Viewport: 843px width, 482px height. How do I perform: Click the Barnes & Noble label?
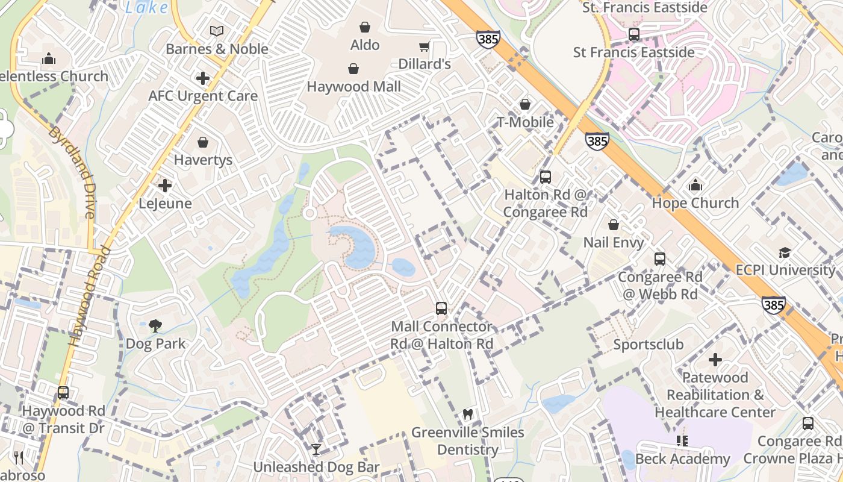coord(217,49)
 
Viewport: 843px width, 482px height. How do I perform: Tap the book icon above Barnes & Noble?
coord(217,31)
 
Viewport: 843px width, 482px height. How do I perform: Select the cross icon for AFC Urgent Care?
coord(203,78)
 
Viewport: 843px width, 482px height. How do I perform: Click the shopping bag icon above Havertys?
coord(203,142)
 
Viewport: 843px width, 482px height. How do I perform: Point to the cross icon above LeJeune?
coord(165,186)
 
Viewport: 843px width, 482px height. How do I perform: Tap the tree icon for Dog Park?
coord(155,326)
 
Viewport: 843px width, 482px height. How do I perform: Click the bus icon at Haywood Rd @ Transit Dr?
coord(63,393)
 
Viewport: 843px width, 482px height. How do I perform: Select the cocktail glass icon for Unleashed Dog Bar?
coord(316,449)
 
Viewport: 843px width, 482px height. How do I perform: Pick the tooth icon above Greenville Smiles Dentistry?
coord(467,415)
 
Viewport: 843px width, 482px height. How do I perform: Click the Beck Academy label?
coord(682,459)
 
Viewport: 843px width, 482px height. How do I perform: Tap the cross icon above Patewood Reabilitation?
coord(715,360)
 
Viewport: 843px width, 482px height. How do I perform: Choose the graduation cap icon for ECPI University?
coord(785,252)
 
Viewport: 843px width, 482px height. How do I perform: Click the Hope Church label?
coord(695,203)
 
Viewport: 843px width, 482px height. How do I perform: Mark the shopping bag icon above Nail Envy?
coord(614,225)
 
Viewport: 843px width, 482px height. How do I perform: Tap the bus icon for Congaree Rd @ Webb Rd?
coord(660,259)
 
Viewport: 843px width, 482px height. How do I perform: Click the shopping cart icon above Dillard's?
coord(425,46)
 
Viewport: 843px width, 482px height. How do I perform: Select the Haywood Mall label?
coord(353,87)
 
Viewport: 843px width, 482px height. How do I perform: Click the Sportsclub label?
coord(648,345)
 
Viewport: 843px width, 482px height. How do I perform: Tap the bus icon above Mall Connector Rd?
coord(441,308)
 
